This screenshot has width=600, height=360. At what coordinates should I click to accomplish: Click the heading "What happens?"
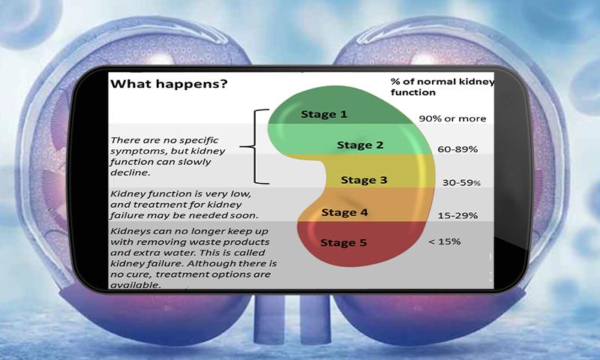pos(169,84)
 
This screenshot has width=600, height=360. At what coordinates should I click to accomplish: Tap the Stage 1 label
pos(324,114)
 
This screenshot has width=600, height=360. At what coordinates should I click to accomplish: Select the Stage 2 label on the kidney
pos(360,145)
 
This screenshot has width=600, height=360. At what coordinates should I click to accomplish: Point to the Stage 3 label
pos(364,180)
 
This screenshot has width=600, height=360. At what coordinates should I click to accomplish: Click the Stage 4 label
pos(344,212)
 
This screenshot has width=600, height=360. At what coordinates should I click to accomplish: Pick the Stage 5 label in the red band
pos(343,242)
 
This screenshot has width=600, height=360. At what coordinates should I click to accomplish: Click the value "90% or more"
pos(452,118)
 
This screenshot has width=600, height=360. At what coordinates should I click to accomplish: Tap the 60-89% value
pos(457,149)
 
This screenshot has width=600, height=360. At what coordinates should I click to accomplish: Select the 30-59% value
pos(461,182)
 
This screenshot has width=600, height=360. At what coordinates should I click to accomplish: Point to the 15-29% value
pos(457,216)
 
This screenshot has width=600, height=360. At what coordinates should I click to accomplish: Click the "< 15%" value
pos(444,241)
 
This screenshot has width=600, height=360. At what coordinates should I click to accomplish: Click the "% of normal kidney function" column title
pos(442,87)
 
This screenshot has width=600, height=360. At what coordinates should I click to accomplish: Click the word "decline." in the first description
pos(130,172)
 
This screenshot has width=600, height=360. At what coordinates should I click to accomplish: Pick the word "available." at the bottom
pos(135,285)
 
